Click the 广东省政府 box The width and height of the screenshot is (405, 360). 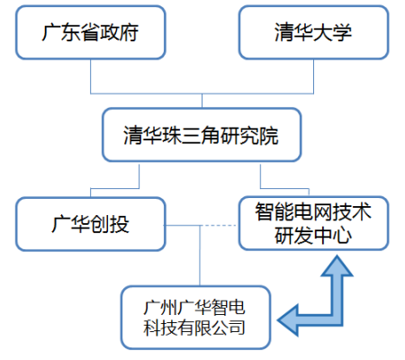click(91, 32)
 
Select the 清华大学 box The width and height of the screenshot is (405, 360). click(314, 32)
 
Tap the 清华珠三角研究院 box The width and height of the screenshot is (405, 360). click(202, 135)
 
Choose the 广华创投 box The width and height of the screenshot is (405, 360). click(91, 224)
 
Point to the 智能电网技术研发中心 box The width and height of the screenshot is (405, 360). click(314, 223)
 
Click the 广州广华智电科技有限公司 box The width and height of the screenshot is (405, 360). click(196, 318)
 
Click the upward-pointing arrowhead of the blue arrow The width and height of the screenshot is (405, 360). click(337, 265)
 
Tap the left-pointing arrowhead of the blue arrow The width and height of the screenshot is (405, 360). click(288, 319)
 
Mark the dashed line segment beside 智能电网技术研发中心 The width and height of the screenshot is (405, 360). click(219, 225)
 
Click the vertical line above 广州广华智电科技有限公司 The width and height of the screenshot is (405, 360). click(200, 256)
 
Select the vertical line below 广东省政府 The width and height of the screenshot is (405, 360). click(91, 76)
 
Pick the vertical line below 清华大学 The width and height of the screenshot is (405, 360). click(313, 76)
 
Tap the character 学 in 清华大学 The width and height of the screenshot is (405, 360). click(342, 32)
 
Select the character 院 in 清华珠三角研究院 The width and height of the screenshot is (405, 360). click(269, 136)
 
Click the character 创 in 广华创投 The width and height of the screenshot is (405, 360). click(100, 224)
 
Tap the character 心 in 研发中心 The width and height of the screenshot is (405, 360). click(342, 235)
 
